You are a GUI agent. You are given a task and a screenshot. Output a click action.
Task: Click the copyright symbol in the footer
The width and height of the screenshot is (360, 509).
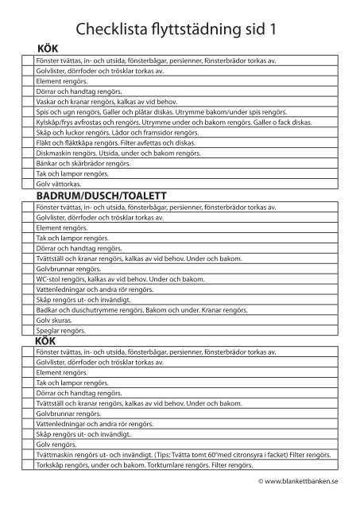pyautogui.click(x=261, y=481)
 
